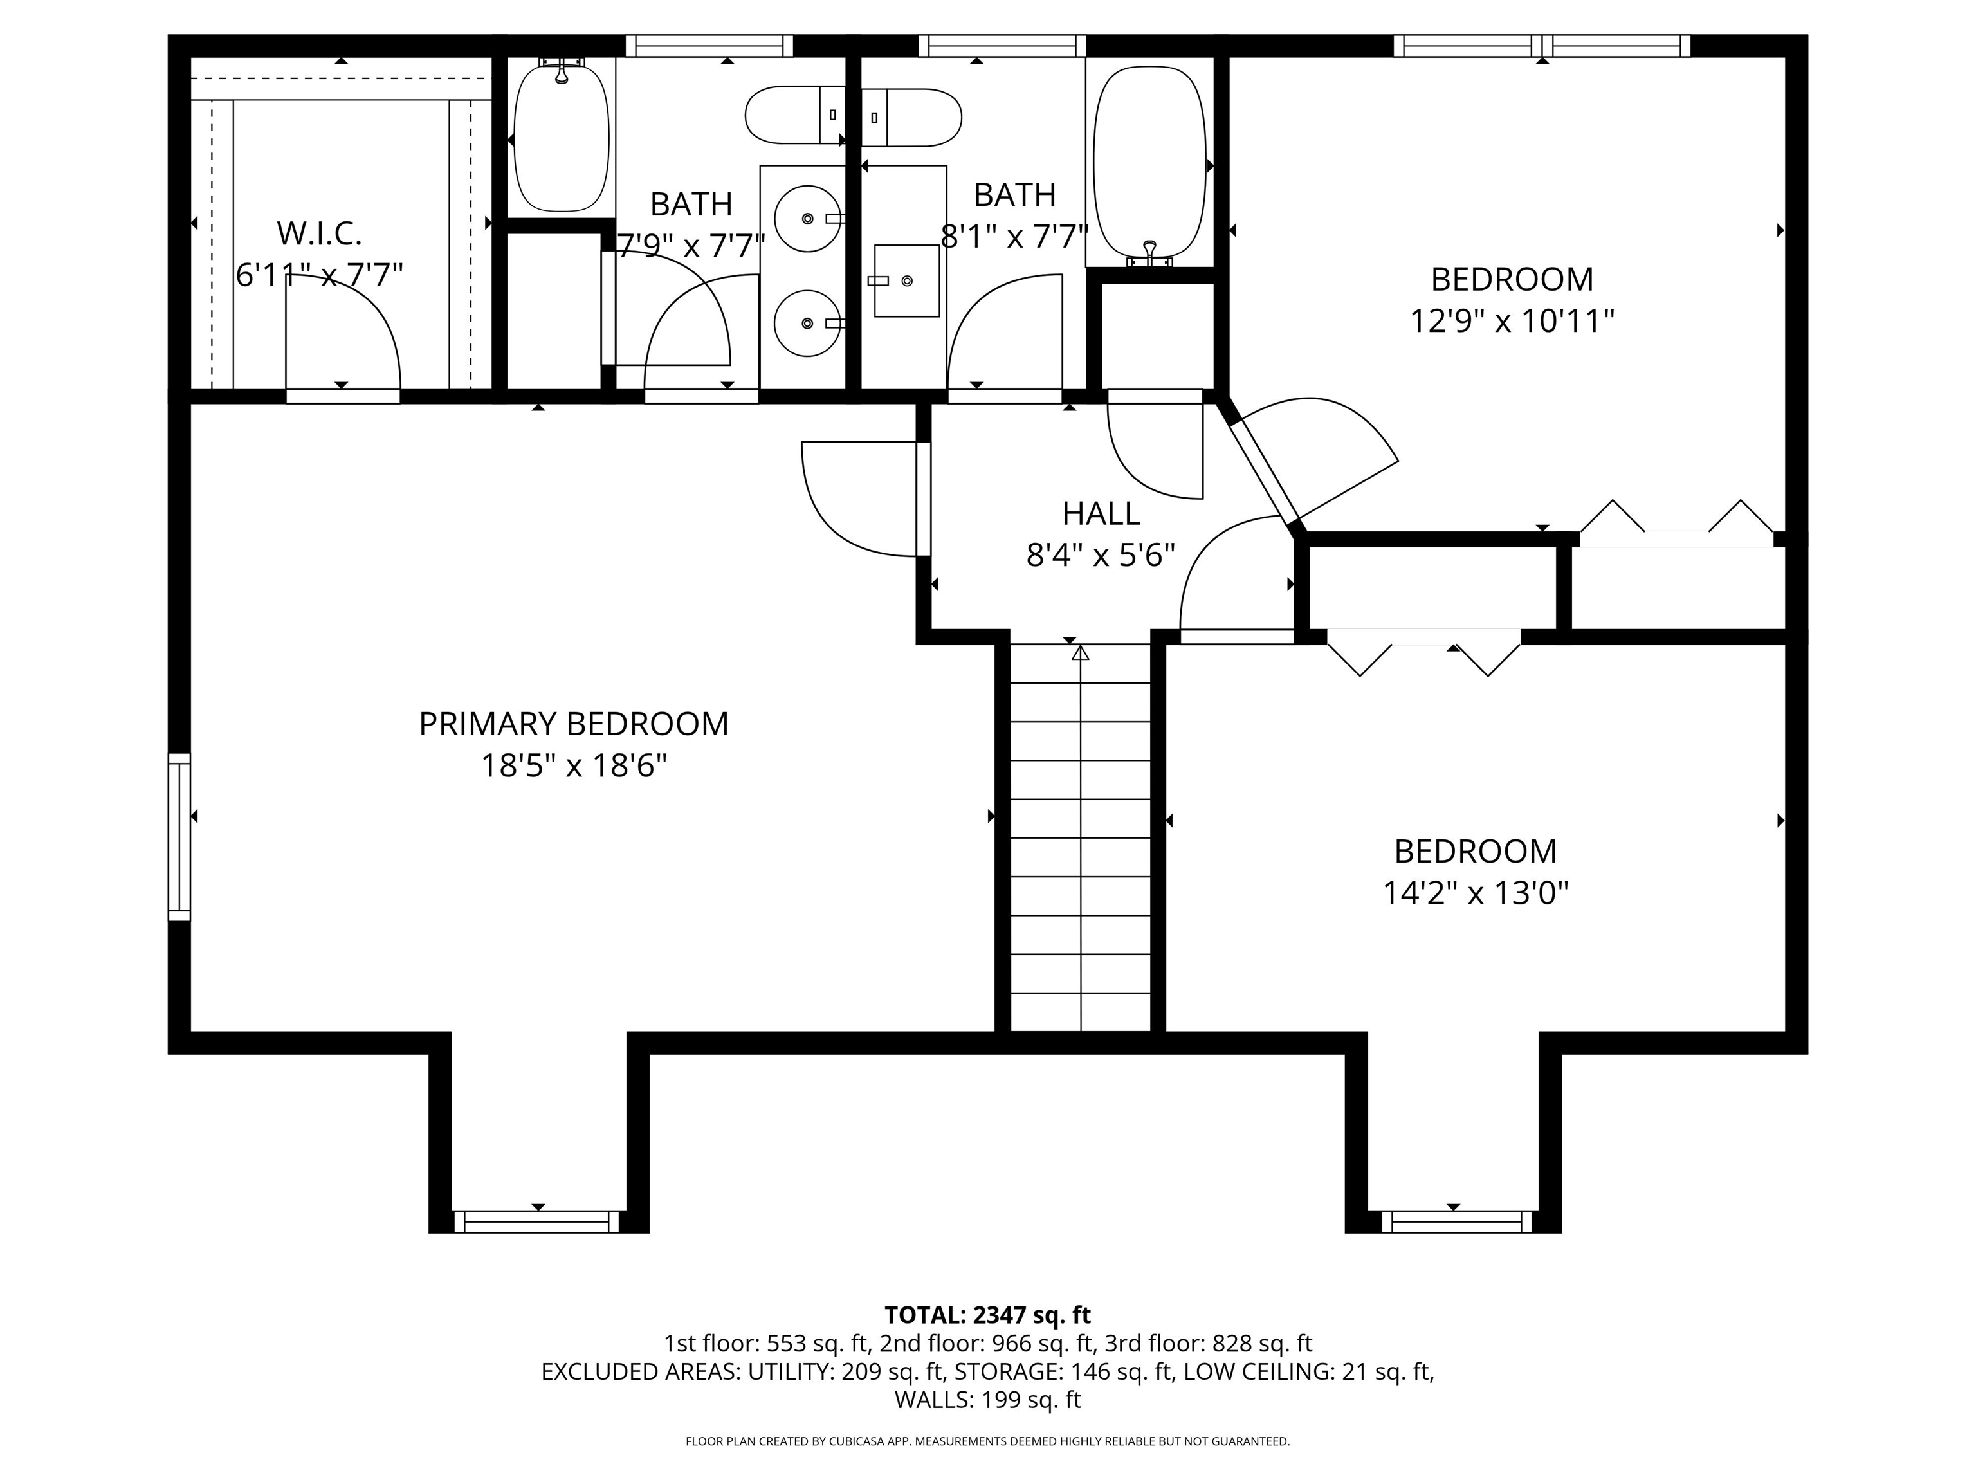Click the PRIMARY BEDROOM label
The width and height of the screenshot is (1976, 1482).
[x=574, y=724]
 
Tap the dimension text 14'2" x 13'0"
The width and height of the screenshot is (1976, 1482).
[x=1475, y=892]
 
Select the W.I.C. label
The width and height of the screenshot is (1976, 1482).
[x=319, y=234]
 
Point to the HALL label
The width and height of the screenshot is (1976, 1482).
[x=1101, y=514]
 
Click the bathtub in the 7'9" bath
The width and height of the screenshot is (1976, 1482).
[x=561, y=138]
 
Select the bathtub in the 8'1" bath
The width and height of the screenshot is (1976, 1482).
[x=1149, y=165]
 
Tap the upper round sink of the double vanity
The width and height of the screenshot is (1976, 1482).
[x=807, y=218]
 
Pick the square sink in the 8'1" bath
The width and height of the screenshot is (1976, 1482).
[x=906, y=280]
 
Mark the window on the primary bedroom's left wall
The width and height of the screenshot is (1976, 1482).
[x=179, y=836]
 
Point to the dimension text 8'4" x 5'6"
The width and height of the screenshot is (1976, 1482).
[x=1101, y=556]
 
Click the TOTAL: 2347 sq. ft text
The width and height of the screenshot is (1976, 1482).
[x=987, y=1315]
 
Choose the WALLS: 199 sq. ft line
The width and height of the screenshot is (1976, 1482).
[x=987, y=1400]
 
